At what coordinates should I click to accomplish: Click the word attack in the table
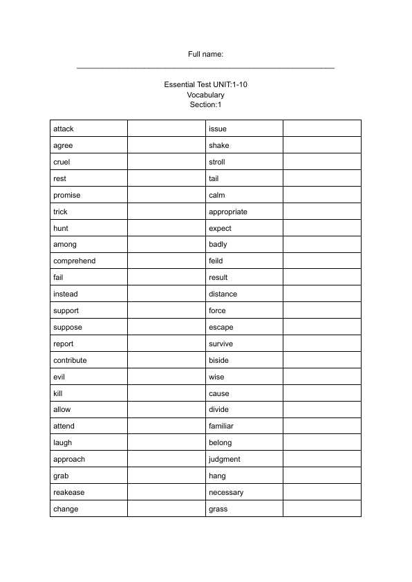64,129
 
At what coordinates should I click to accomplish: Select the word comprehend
75,261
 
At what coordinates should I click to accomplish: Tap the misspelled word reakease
69,493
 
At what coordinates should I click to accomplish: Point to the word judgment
225,460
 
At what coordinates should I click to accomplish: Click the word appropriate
228,212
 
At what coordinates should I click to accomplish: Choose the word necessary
226,493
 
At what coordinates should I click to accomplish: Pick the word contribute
71,361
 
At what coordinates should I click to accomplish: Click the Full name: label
206,55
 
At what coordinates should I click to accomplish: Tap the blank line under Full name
206,68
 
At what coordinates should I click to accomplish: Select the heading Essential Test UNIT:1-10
206,84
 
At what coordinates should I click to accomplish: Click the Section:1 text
206,105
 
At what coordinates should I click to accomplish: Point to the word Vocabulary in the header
206,95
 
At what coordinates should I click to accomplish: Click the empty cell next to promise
167,196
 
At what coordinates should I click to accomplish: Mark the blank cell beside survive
322,344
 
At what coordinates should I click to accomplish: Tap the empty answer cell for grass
322,509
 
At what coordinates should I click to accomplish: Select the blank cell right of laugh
167,443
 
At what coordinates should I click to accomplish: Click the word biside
218,361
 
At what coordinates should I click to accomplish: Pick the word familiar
221,426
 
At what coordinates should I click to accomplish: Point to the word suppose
67,328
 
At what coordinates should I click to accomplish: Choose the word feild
216,261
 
